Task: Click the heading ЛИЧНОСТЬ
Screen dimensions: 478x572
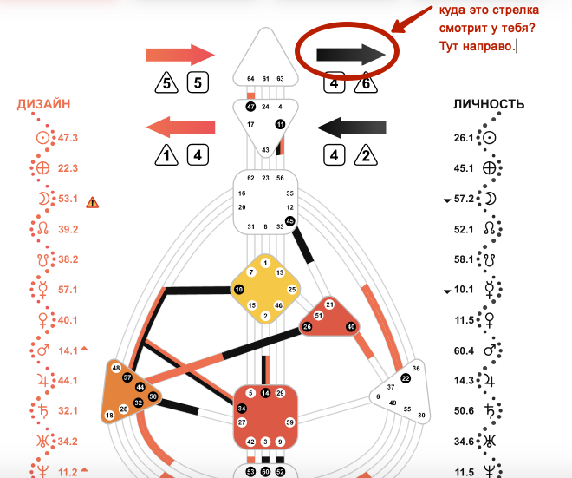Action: coord(489,105)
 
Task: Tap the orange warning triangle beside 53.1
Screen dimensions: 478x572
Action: coord(93,202)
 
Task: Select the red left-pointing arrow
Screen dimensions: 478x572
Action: coord(179,128)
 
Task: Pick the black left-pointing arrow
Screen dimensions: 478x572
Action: coord(352,128)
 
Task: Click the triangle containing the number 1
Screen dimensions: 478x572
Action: coord(162,157)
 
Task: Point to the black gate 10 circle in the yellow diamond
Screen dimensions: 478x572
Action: coord(238,288)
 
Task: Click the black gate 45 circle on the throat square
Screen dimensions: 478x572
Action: coord(290,221)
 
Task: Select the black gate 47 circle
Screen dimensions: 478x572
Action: coord(250,106)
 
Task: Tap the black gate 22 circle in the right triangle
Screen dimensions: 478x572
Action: coord(406,378)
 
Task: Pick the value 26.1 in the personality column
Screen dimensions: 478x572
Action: coord(464,138)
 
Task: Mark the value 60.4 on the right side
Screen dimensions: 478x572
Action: coord(464,350)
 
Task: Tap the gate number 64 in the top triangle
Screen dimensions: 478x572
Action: coord(250,78)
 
